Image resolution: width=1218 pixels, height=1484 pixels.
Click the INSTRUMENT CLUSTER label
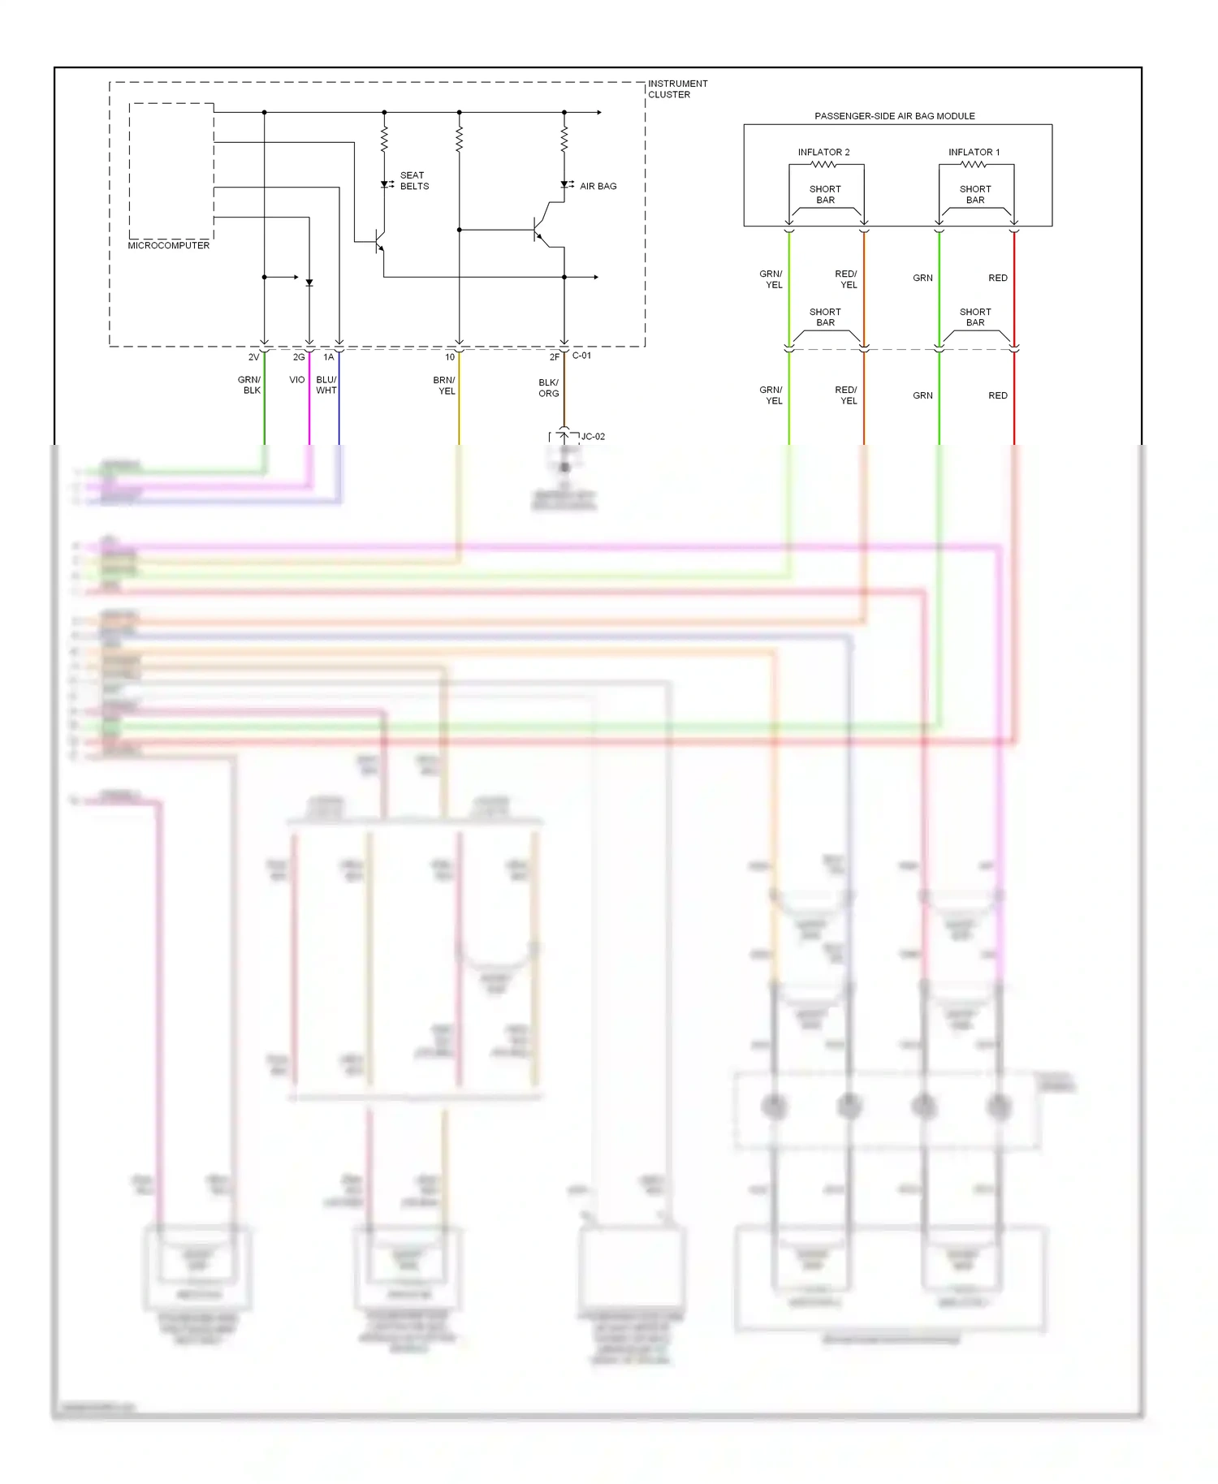tap(677, 89)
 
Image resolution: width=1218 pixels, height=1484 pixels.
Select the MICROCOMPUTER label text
tap(168, 245)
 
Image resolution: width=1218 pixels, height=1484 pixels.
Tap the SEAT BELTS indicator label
tap(414, 181)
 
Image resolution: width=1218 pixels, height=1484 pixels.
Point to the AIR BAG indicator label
tap(598, 186)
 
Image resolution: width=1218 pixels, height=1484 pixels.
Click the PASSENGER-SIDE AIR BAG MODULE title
tap(894, 116)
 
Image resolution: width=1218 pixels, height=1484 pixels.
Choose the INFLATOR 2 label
tap(823, 153)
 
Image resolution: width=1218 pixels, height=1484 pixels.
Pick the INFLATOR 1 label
tap(974, 153)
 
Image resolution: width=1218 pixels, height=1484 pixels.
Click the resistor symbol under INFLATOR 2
tap(823, 165)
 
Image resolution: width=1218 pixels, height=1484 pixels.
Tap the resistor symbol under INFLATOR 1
tap(974, 165)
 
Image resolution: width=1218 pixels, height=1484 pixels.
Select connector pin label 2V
tap(254, 357)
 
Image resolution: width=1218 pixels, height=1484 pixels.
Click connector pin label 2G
tap(299, 357)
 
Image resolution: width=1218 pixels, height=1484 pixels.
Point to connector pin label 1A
tap(329, 357)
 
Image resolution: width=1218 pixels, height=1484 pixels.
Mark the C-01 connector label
tap(581, 356)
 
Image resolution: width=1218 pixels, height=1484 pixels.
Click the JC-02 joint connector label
tap(593, 437)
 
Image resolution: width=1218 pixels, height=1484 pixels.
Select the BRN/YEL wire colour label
tap(444, 386)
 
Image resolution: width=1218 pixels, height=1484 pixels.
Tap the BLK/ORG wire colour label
tap(549, 388)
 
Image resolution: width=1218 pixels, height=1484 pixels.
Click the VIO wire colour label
tap(296, 380)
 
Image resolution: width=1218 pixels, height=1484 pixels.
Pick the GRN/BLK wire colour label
tap(249, 385)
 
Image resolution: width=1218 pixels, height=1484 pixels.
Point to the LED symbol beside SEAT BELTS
tap(385, 184)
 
